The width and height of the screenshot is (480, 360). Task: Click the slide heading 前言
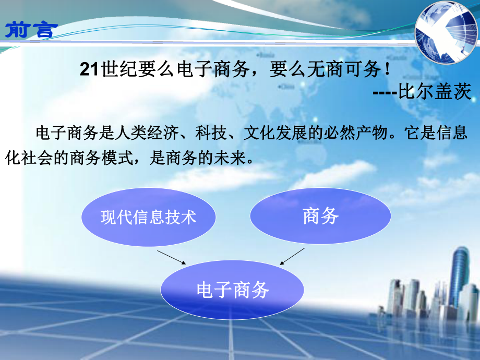pyautogui.click(x=29, y=29)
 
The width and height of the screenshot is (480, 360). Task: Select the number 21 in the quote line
pyautogui.click(x=89, y=70)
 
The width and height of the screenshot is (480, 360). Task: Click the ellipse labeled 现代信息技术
pyautogui.click(x=148, y=217)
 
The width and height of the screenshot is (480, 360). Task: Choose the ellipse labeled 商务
pyautogui.click(x=320, y=217)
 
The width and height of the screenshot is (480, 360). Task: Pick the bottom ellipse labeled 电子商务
pyautogui.click(x=232, y=290)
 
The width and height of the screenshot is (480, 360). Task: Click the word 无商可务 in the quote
pyautogui.click(x=344, y=70)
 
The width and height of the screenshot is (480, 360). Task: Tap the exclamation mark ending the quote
pyautogui.click(x=387, y=70)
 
